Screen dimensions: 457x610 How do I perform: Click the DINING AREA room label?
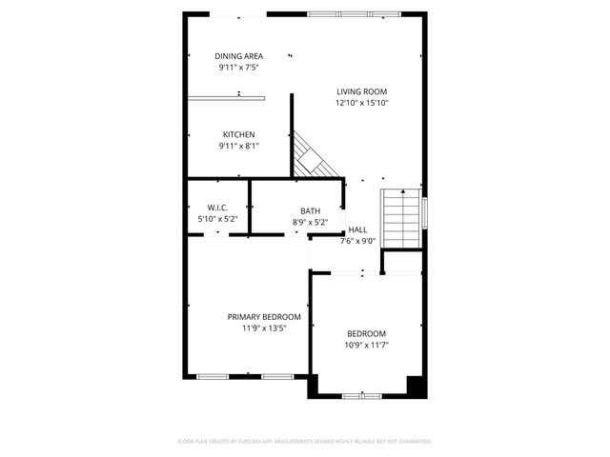pyautogui.click(x=238, y=56)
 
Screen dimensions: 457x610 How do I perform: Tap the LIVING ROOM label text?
pyautogui.click(x=361, y=91)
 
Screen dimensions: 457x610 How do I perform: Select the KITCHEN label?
pyautogui.click(x=238, y=134)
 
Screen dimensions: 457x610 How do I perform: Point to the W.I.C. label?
pyautogui.click(x=217, y=209)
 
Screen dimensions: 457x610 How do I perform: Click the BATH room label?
pyautogui.click(x=310, y=211)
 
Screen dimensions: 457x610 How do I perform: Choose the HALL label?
pyautogui.click(x=357, y=229)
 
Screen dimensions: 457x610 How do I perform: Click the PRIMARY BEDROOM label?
pyautogui.click(x=264, y=317)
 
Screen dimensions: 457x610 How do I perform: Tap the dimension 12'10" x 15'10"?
pyautogui.click(x=361, y=103)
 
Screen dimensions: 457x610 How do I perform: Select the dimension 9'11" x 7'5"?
pyautogui.click(x=238, y=68)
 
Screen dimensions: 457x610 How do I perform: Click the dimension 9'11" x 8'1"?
pyautogui.click(x=238, y=146)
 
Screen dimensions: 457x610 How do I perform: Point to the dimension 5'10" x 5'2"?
pyautogui.click(x=217, y=219)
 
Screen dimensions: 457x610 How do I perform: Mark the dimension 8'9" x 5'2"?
pyautogui.click(x=310, y=223)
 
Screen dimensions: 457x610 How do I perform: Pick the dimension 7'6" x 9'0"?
pyautogui.click(x=357, y=241)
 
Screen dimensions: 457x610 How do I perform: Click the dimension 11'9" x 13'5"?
pyautogui.click(x=264, y=328)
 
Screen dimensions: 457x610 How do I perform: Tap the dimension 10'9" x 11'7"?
pyautogui.click(x=367, y=346)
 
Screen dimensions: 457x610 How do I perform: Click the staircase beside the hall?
pyautogui.click(x=400, y=218)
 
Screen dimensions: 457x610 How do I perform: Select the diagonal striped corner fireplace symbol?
pyautogui.click(x=315, y=154)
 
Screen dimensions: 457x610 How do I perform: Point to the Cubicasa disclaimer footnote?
pyautogui.click(x=305, y=442)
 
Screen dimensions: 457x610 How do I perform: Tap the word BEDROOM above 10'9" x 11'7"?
pyautogui.click(x=367, y=334)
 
